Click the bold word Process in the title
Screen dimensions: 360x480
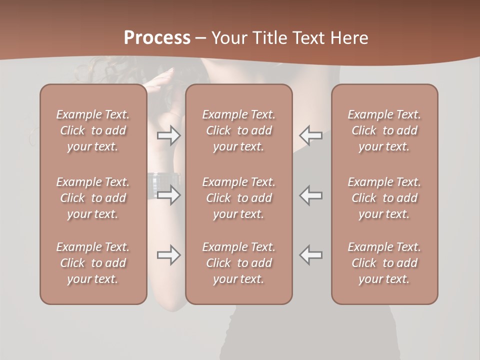pos(157,38)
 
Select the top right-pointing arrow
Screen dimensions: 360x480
pos(169,135)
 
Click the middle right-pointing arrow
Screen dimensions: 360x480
pos(169,195)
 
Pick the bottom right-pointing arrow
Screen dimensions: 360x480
pos(169,255)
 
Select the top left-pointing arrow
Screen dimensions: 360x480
pos(310,135)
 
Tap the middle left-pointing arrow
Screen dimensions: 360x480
pos(310,195)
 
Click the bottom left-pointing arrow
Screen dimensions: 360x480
pos(310,255)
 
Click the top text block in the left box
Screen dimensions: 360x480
pos(93,130)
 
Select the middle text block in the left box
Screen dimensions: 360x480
pos(93,198)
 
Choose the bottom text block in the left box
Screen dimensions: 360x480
pos(93,263)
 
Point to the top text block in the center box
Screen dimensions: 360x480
pos(239,130)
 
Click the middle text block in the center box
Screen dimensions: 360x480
pos(239,198)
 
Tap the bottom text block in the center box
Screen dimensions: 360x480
pos(239,263)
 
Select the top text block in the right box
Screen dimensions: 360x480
pos(384,130)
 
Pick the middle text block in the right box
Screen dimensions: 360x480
pos(384,198)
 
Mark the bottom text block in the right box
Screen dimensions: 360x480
pos(384,263)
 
